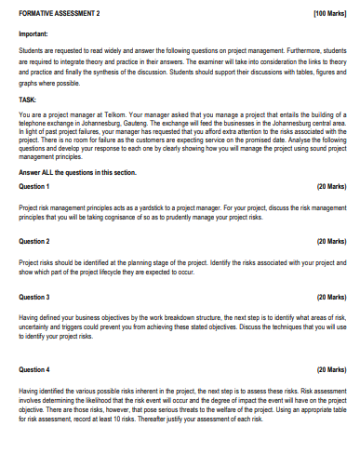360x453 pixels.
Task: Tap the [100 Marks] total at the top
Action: pyautogui.click(x=329, y=15)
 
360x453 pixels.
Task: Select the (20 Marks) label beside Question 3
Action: pyautogui.click(x=331, y=297)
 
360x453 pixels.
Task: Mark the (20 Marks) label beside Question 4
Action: pyautogui.click(x=331, y=369)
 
